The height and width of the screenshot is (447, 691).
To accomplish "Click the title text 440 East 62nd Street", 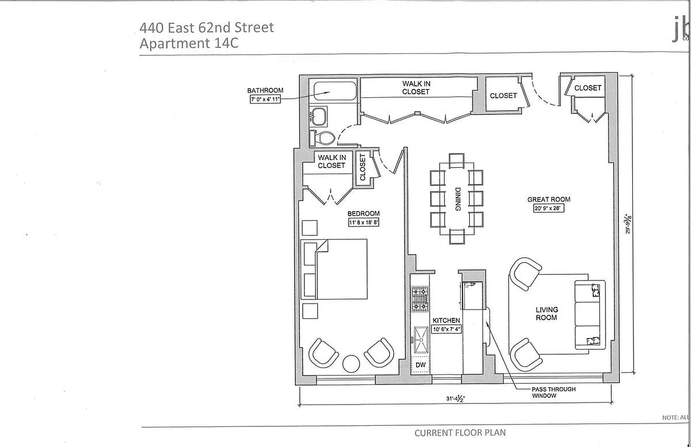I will coord(206,27).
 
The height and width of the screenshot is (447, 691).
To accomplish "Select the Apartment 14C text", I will coord(189,44).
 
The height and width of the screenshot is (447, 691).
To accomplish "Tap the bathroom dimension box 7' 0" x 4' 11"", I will coord(265,99).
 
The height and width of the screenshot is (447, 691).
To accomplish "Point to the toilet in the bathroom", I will coord(322,137).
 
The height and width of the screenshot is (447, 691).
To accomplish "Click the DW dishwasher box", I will coord(421,365).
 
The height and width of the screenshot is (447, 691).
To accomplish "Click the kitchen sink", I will coord(421,337).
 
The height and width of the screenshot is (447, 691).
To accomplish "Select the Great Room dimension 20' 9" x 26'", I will coord(549,209).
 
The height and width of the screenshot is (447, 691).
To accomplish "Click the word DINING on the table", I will coord(457,199).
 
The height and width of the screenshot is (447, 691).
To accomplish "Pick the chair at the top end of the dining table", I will coord(456,160).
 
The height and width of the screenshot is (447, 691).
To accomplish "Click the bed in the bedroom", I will coord(338,269).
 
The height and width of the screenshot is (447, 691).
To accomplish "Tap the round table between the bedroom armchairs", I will coord(351,363).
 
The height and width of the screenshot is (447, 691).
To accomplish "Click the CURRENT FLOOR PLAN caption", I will coord(460,432).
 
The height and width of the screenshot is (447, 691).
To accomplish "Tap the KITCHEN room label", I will coord(446,320).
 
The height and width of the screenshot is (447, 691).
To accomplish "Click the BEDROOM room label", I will coord(364,213).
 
